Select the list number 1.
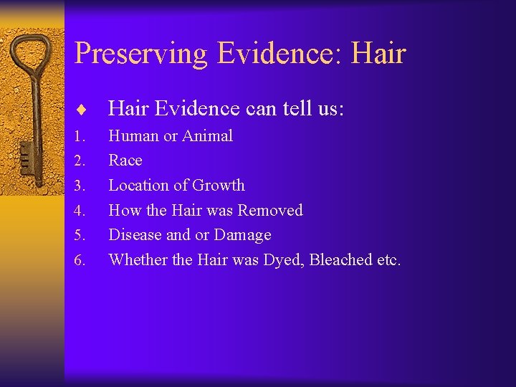tap(80, 136)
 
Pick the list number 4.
tap(80, 211)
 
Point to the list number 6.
tap(80, 260)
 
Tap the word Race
tap(125, 161)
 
